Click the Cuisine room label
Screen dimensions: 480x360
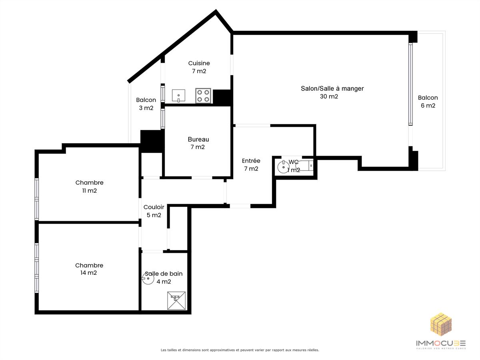(x=199, y=63)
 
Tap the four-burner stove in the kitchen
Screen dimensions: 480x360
(x=203, y=96)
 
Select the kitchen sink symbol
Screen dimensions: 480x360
(x=178, y=96)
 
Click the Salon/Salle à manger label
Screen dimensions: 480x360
(x=332, y=88)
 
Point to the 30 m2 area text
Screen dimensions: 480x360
(x=329, y=96)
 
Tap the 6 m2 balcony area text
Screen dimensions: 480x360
(x=428, y=106)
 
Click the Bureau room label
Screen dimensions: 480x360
(x=198, y=139)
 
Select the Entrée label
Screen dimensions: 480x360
(x=251, y=161)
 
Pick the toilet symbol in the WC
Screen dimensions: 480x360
(x=304, y=166)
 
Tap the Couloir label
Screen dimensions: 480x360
(x=154, y=207)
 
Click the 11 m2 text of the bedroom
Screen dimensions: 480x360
(x=90, y=191)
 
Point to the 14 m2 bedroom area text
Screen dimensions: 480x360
(x=88, y=273)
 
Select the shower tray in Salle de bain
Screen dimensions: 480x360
(x=176, y=300)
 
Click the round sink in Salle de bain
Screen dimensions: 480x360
(x=148, y=278)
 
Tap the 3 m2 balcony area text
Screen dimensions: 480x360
(x=146, y=108)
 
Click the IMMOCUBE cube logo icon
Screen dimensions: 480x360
(x=441, y=324)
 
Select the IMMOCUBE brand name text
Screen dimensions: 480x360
(x=441, y=343)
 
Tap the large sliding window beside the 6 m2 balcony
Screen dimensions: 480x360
(x=410, y=84)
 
